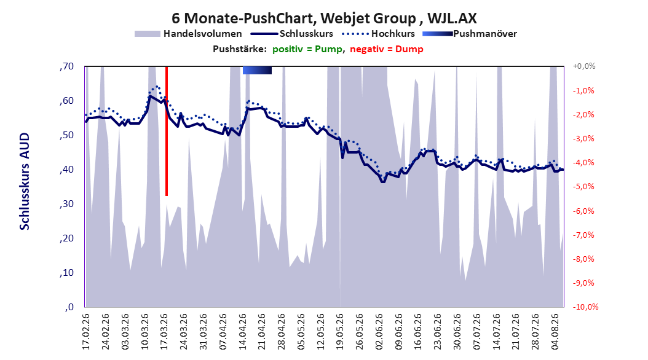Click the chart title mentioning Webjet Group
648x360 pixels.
coord(324,18)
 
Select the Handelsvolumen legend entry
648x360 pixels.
coord(188,34)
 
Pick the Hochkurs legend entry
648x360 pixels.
coord(378,34)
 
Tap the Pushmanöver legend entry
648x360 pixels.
coord(470,34)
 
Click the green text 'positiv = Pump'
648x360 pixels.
coord(307,49)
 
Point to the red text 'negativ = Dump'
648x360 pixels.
coord(387,49)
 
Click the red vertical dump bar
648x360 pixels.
coord(167,131)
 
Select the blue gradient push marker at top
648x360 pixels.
coord(257,70)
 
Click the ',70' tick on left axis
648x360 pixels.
coord(66,66)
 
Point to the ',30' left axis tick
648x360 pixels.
coord(66,204)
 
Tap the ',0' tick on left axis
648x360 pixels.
coord(69,307)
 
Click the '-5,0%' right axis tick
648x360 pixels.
coord(583,187)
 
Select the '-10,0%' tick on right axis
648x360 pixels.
coord(585,307)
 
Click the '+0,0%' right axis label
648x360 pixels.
coord(584,66)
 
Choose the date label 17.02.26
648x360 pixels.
coord(86,332)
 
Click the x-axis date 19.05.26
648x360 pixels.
coord(340,332)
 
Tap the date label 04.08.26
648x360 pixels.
coord(555,332)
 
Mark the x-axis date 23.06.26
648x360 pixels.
coord(438,332)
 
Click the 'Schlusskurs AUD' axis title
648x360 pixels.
coord(25,182)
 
